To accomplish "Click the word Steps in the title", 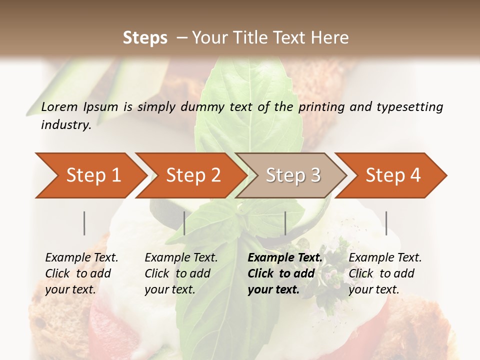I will coord(145,38).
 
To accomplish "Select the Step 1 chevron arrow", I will coord(90,175).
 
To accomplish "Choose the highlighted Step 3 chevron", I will coord(292,175).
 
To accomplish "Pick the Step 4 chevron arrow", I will coord(392,175).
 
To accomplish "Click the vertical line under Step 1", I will coord(84,223).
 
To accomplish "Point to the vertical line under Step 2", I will coord(184,223).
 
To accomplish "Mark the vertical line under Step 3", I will coord(285,223).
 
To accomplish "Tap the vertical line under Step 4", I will coord(386,223).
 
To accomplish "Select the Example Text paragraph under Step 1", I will coord(81,273).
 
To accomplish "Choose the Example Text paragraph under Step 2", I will coord(180,273).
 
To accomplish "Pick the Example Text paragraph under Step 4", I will coord(384,273).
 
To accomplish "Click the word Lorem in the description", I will coord(59,107).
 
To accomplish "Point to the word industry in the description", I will coord(65,125).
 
